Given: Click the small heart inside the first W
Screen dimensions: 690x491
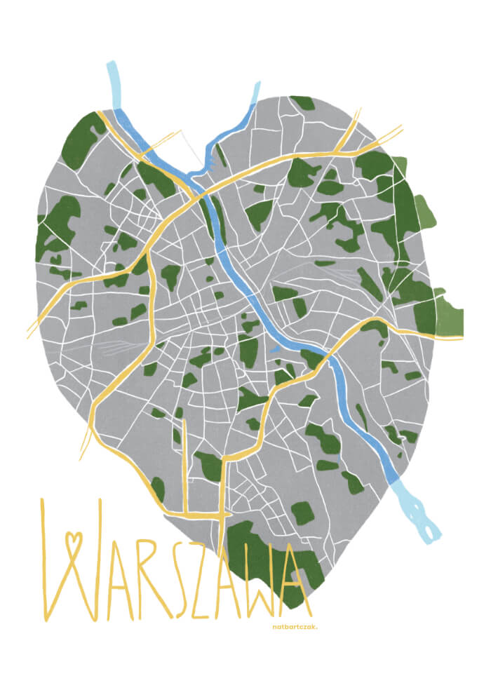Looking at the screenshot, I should [x=73, y=541].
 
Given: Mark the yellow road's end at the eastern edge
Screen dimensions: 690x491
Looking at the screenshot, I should [x=459, y=338].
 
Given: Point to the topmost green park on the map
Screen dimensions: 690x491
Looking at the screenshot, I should [x=303, y=102].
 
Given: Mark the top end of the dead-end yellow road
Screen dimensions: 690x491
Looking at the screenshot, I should [x=184, y=424].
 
